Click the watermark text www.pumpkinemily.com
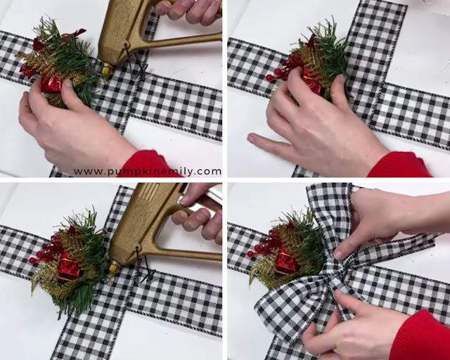coord(148,172)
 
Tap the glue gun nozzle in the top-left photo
coord(106,70)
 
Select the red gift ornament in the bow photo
coord(285,262)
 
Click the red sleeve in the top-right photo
coord(400,166)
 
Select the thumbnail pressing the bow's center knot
coord(339,255)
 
